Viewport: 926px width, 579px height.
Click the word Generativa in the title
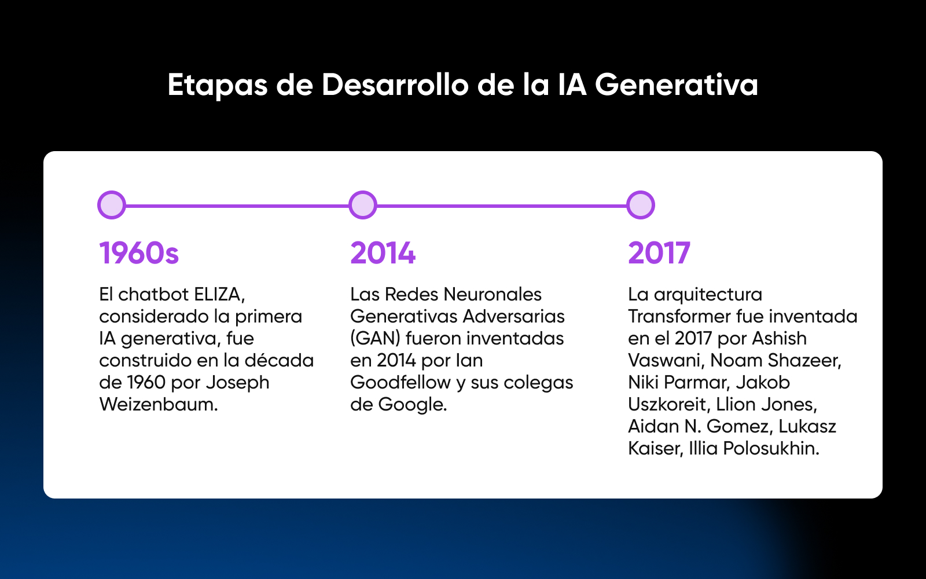coord(677,85)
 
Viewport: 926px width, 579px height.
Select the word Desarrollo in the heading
coord(395,85)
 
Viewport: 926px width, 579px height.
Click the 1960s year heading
coord(139,252)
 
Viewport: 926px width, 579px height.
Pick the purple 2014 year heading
coord(383,252)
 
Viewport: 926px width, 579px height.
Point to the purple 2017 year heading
coord(659,252)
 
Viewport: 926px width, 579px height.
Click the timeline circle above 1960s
coord(112,205)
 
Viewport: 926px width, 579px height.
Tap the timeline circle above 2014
coord(362,205)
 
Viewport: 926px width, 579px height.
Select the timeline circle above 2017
coord(640,205)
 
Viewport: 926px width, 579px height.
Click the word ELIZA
coord(219,295)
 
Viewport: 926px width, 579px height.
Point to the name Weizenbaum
coord(159,405)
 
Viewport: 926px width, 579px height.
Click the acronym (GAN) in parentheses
coord(376,339)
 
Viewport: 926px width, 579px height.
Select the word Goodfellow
coord(400,382)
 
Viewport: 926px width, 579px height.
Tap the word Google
coord(413,405)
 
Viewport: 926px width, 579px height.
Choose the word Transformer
coord(679,316)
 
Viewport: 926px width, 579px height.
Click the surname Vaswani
coord(666,361)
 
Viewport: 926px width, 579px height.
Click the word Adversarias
coord(514,316)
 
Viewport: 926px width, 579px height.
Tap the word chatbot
coord(153,295)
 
